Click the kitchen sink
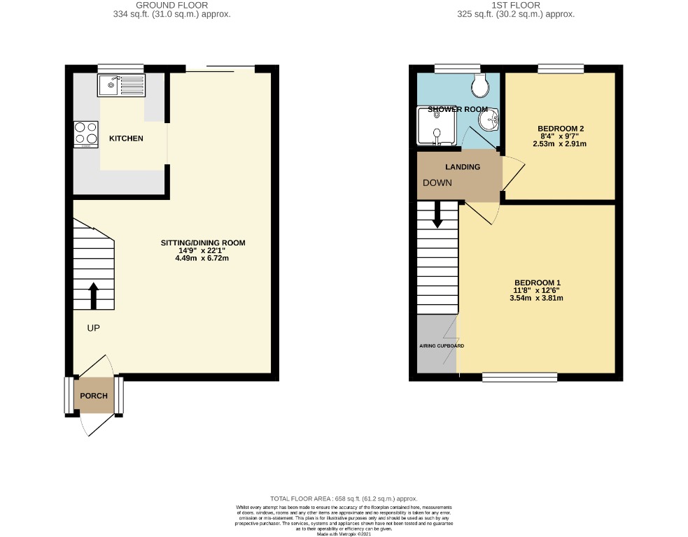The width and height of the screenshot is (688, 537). coord(122,86)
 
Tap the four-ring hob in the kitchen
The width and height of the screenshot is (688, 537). coord(85,134)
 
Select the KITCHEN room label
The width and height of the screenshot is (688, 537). coord(126,138)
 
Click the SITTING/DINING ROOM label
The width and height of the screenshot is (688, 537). coord(203,243)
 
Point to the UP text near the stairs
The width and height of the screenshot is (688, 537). coord(94,328)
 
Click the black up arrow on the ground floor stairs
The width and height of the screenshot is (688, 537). coord(93,294)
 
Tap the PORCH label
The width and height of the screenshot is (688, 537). coord(94,396)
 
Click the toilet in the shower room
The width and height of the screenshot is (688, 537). coord(480,86)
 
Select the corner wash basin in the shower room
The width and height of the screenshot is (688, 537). coord(489,121)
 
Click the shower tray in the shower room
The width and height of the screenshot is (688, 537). coord(436,126)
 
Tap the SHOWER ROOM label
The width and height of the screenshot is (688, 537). coord(458,109)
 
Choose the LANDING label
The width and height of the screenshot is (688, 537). coord(463,167)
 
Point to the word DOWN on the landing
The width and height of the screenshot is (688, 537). coord(436,182)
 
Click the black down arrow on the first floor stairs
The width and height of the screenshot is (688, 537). coord(437,214)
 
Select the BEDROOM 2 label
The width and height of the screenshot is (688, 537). coord(561,129)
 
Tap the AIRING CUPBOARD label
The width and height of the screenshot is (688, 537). coord(442,346)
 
